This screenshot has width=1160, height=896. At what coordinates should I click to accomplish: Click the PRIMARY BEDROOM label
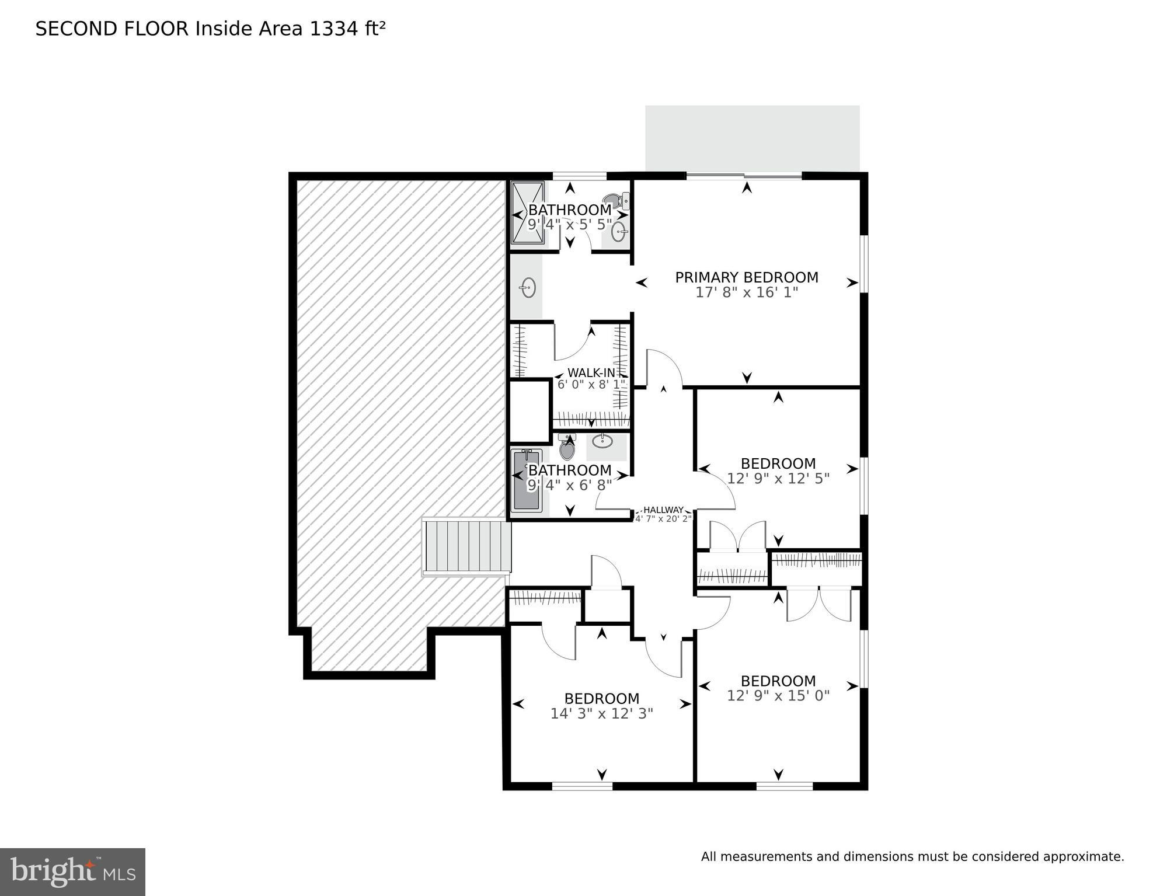pyautogui.click(x=746, y=277)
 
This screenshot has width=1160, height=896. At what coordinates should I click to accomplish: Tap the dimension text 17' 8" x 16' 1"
pyautogui.click(x=746, y=292)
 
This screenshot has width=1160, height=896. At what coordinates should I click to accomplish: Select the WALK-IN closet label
pyautogui.click(x=591, y=372)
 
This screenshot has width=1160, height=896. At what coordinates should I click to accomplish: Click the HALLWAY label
pyautogui.click(x=663, y=510)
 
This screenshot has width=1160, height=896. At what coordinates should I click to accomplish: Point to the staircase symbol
pyautogui.click(x=467, y=547)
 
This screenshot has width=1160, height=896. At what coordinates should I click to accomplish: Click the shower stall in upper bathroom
pyautogui.click(x=528, y=212)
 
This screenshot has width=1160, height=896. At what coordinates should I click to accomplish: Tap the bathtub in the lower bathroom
pyautogui.click(x=527, y=480)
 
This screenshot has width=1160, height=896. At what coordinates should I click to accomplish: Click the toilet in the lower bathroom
pyautogui.click(x=567, y=448)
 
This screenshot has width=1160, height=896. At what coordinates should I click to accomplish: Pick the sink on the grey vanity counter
pyautogui.click(x=528, y=288)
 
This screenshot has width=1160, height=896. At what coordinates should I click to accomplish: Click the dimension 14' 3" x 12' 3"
pyautogui.click(x=601, y=713)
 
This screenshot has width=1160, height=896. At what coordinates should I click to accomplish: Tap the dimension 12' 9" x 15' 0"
pyautogui.click(x=778, y=696)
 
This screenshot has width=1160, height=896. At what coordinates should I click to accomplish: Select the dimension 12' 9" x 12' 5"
pyautogui.click(x=778, y=479)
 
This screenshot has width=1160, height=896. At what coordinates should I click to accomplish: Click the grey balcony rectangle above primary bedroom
pyautogui.click(x=752, y=138)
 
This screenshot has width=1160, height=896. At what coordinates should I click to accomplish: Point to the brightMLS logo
pyautogui.click(x=72, y=871)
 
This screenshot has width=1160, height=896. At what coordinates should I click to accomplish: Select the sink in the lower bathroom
pyautogui.click(x=602, y=441)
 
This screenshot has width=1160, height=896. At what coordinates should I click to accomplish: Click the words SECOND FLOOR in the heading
pyautogui.click(x=112, y=29)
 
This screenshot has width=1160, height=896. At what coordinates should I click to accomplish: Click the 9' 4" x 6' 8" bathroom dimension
pyautogui.click(x=570, y=485)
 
